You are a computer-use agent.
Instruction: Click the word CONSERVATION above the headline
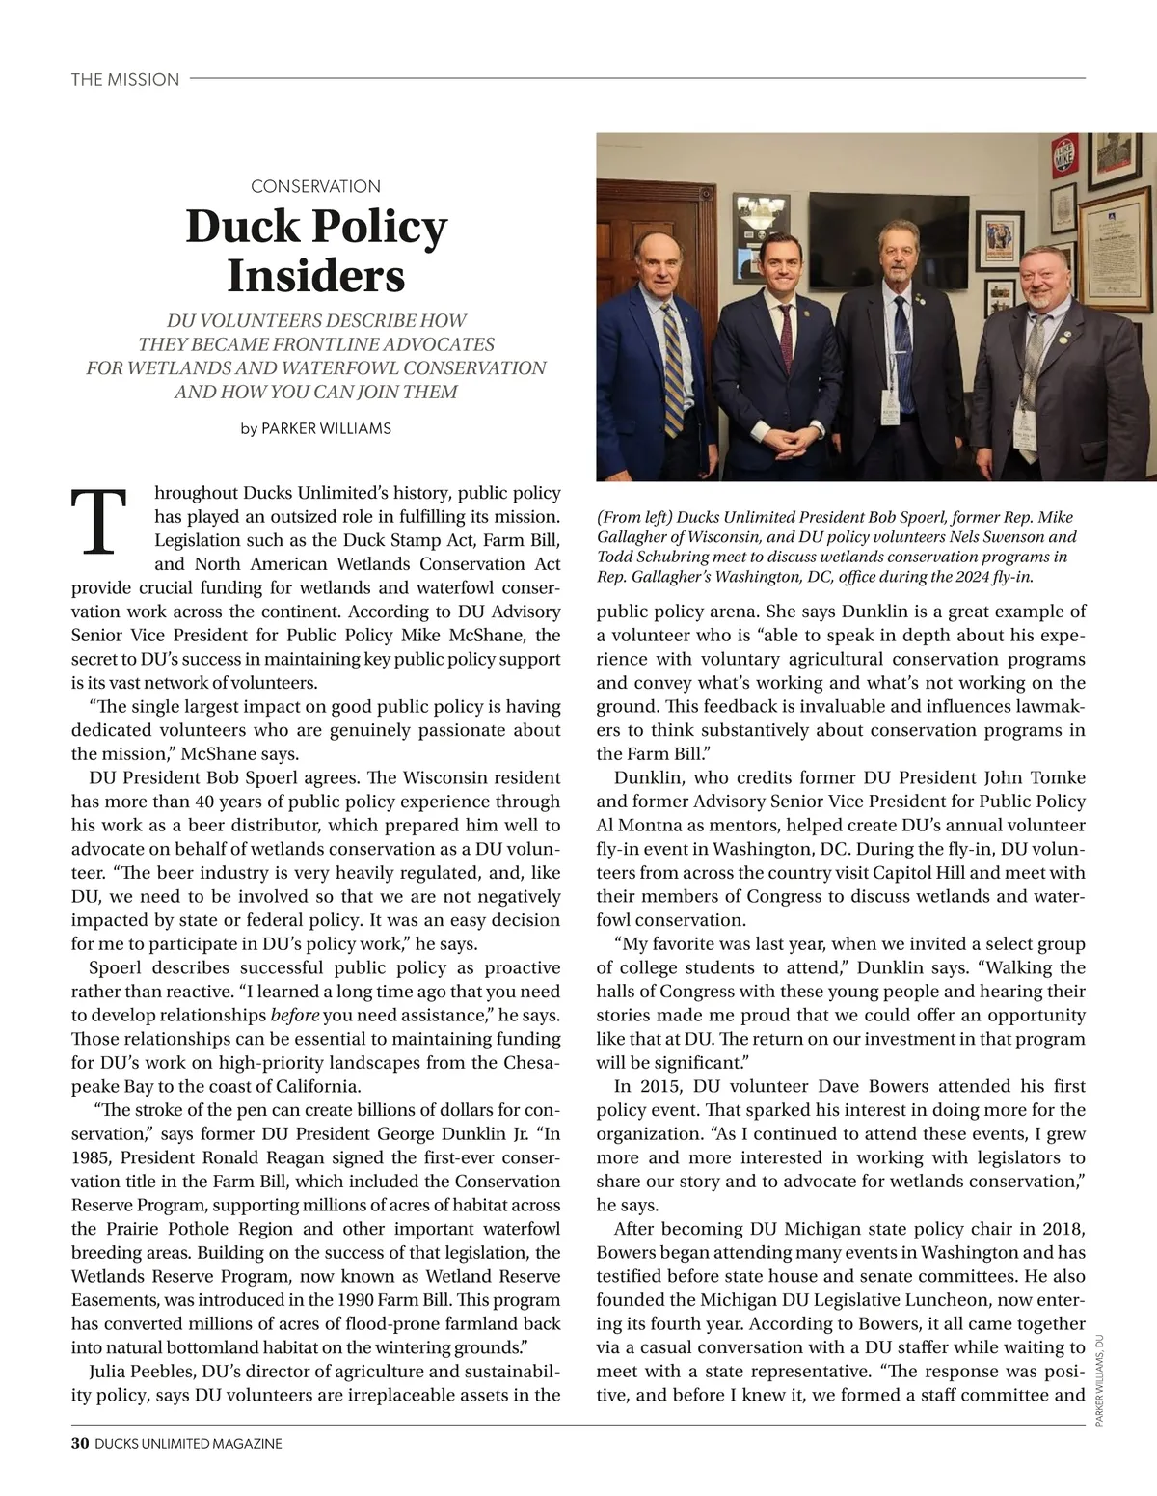(315, 186)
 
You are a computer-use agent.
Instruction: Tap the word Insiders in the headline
(315, 276)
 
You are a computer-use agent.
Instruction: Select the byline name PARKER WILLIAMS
(326, 428)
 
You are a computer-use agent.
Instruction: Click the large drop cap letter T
(97, 522)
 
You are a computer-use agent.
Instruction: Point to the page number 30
(80, 1443)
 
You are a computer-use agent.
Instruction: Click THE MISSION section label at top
(124, 79)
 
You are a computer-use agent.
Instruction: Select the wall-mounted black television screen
(888, 230)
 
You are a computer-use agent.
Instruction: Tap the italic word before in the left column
(294, 1015)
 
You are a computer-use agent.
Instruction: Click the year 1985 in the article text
(92, 1157)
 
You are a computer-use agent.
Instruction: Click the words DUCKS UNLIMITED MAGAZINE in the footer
(188, 1443)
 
